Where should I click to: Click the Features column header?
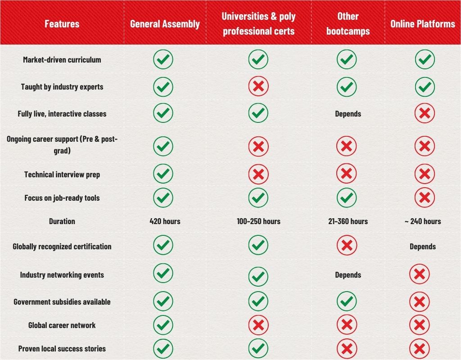click(x=62, y=24)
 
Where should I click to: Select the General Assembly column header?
click(x=165, y=24)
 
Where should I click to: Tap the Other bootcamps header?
click(x=348, y=24)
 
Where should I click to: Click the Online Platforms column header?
click(x=423, y=24)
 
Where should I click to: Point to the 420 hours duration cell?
click(x=165, y=221)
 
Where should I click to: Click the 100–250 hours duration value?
click(x=258, y=221)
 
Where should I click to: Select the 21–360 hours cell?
click(x=348, y=221)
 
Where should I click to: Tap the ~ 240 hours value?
click(x=423, y=221)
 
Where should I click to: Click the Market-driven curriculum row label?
click(x=62, y=60)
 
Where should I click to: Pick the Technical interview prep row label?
click(x=62, y=175)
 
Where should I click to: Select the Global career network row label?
click(x=62, y=325)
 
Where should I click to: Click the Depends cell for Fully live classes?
click(x=348, y=114)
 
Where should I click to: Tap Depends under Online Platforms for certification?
click(x=423, y=247)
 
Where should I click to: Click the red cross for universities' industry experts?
click(x=258, y=86)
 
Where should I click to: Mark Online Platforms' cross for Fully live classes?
click(x=424, y=113)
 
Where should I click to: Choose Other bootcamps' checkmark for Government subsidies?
click(x=347, y=301)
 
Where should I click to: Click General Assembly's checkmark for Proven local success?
click(x=163, y=349)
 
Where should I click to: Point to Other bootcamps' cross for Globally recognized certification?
click(x=347, y=246)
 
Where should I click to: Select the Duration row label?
click(x=62, y=221)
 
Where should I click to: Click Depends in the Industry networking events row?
click(x=348, y=275)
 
